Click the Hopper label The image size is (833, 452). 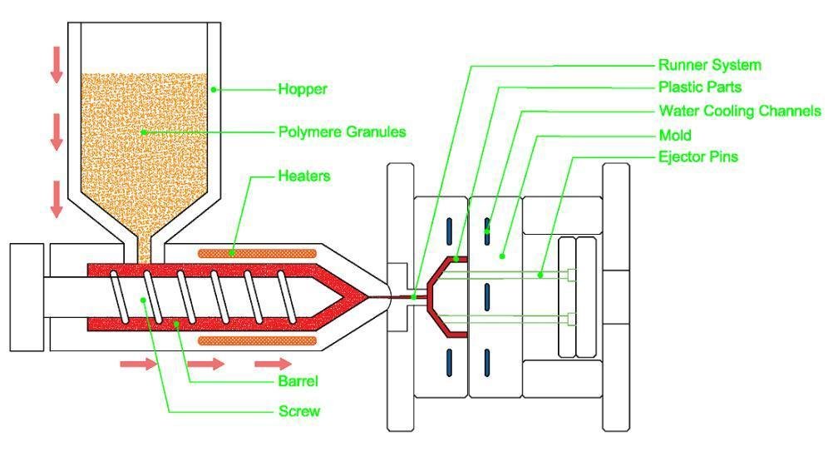[x=303, y=89]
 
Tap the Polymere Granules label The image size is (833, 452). [x=343, y=132]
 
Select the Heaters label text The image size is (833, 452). [x=304, y=176]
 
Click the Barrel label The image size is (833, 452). [x=298, y=380]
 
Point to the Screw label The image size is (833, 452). [x=299, y=411]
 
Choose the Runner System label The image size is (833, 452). [x=710, y=65]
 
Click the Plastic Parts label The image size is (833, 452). [x=700, y=87]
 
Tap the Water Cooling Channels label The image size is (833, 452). [x=740, y=111]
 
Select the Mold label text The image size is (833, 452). [x=675, y=135]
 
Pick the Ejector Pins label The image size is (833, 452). [x=698, y=156]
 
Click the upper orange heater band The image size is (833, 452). [x=258, y=253]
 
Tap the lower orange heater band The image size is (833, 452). [x=258, y=340]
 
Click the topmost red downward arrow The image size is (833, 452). [x=57, y=65]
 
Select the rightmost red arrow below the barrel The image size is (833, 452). [x=273, y=364]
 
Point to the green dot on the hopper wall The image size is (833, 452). [x=214, y=89]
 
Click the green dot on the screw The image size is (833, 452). [x=144, y=300]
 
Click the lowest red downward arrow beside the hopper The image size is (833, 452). [x=57, y=199]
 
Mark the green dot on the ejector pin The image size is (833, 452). [x=540, y=275]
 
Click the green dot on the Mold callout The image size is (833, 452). [x=501, y=256]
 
